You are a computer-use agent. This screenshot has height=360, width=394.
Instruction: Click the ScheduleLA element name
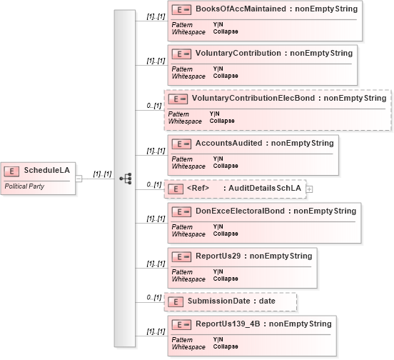tap(46, 171)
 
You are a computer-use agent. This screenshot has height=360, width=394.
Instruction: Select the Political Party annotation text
tap(24, 186)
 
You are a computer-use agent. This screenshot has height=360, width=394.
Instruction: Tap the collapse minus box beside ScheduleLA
tap(79, 179)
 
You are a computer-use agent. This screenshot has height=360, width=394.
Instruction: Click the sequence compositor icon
tap(126, 179)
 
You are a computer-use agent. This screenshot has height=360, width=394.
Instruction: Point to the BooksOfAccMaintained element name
tap(241, 9)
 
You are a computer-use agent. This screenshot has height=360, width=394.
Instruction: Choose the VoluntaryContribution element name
tap(238, 53)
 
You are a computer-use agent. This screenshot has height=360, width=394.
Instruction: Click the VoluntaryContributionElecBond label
tap(253, 98)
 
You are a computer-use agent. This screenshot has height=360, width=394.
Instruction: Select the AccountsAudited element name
tap(229, 143)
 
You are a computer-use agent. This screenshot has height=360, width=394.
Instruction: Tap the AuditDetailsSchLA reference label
tap(265, 188)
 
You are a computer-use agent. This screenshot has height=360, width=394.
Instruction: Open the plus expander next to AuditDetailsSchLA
tap(310, 189)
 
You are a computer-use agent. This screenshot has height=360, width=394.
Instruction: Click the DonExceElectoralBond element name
tap(240, 211)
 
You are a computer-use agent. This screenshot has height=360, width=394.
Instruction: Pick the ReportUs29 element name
tap(218, 256)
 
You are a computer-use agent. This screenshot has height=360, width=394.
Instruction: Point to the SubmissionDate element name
tap(219, 301)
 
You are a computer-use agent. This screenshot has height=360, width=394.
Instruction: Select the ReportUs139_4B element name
tap(228, 324)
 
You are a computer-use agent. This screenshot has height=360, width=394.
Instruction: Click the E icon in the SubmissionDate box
tap(176, 302)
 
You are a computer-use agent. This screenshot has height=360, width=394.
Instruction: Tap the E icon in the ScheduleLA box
tap(11, 171)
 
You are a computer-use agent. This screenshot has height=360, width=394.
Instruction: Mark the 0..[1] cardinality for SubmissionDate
tap(154, 298)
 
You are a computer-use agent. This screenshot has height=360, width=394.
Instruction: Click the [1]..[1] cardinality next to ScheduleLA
tap(102, 174)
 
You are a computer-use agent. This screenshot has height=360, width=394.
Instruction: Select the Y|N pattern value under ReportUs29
tap(218, 271)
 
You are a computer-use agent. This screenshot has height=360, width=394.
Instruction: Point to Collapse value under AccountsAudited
tap(226, 166)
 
